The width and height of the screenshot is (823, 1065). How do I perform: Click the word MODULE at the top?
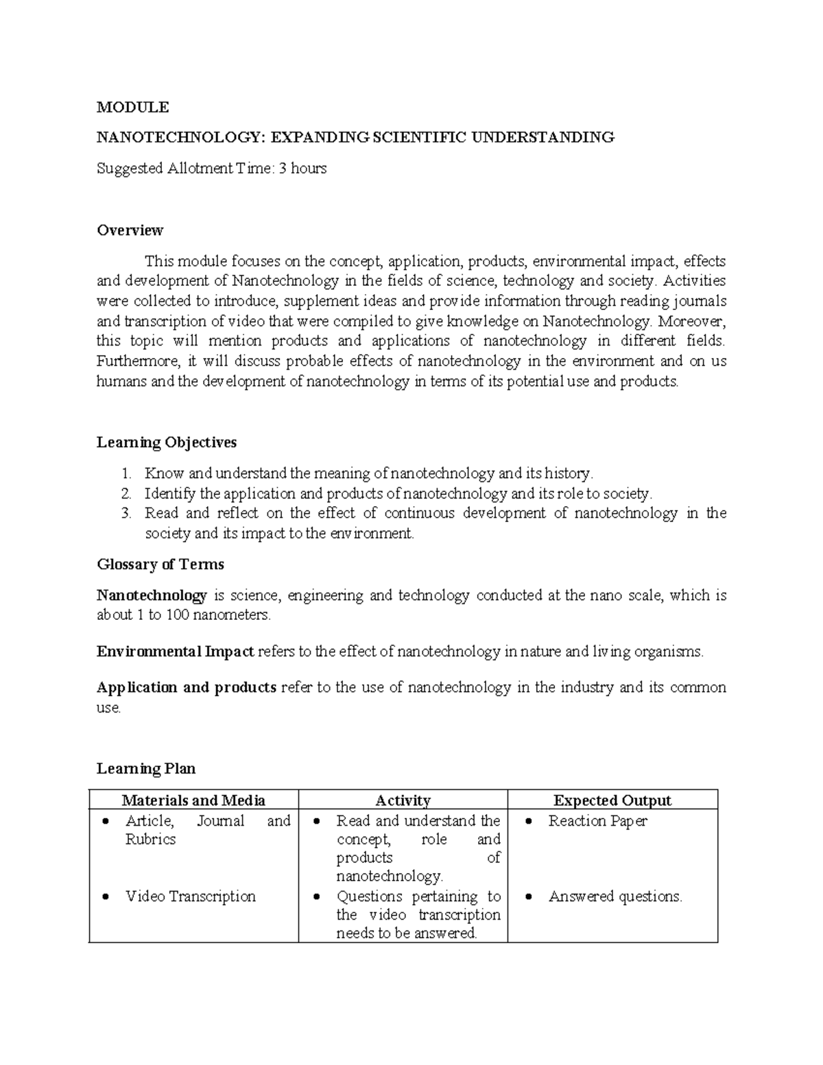pos(132,107)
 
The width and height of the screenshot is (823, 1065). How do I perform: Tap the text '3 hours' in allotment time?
pos(302,168)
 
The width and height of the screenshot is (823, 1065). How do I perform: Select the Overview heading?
pos(130,230)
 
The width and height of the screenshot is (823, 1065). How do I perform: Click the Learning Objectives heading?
pos(167,442)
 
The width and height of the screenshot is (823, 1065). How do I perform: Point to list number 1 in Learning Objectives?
pos(125,473)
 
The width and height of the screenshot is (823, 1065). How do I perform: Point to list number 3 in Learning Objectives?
pos(125,513)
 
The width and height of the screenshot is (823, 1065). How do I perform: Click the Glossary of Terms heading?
pos(160,564)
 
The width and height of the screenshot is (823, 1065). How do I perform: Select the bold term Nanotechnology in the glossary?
pos(152,595)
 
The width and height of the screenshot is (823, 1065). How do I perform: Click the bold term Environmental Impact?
pos(176,651)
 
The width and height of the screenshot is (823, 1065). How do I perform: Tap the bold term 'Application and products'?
pos(187,687)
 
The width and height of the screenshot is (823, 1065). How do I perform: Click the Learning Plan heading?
pos(146,769)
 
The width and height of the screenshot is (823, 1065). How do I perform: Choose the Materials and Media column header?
pos(193,800)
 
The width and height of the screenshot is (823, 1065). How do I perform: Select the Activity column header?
pos(403,800)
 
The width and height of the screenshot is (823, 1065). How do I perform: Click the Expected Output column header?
pos(612,800)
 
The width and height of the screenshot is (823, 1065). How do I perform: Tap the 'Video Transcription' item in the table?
pos(190,896)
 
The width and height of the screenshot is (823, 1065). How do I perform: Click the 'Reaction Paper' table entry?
pos(597,821)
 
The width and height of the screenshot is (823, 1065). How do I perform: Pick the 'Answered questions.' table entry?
pos(615,896)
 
